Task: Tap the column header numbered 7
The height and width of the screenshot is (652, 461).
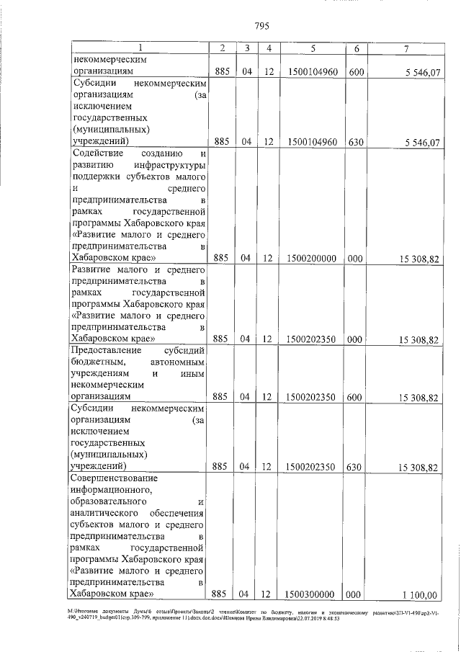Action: pos(408,48)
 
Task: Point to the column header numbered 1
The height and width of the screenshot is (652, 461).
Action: pos(140,48)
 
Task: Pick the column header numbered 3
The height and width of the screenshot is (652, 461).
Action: pos(246,48)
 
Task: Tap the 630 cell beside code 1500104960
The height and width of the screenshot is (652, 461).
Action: pos(354,142)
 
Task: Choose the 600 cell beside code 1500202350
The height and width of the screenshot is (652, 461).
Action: pos(354,396)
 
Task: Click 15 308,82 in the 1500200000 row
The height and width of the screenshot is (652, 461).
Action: pos(417,258)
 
